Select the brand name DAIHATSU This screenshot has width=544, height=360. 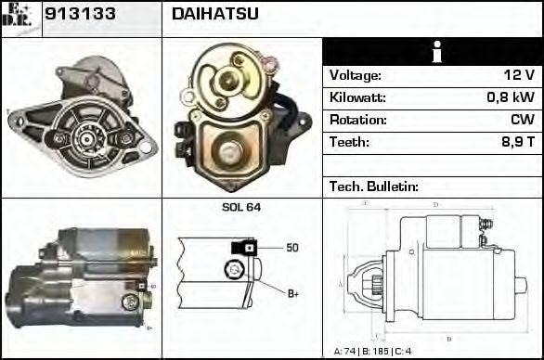(215, 14)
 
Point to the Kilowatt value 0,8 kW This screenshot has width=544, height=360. (510, 98)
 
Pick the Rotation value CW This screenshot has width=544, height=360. (522, 121)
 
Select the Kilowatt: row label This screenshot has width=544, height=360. (357, 98)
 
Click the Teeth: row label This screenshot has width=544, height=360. (349, 143)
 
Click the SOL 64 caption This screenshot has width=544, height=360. (241, 207)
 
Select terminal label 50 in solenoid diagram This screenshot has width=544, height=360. (291, 248)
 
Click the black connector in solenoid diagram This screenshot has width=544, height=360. (244, 248)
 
